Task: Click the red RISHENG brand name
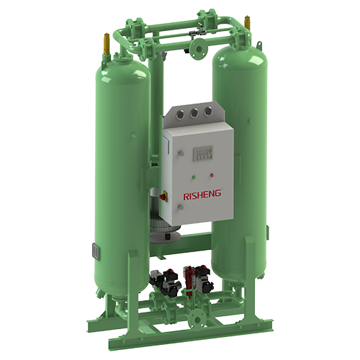coord(202,195)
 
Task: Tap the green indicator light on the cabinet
coord(194,178)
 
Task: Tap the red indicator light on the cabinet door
coord(212,175)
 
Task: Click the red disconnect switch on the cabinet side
coord(163,197)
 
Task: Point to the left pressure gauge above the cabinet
coord(179,114)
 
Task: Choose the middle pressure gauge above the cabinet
coord(194,113)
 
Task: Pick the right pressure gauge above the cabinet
coord(208,111)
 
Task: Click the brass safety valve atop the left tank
coord(107,44)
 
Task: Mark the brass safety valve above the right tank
coord(247,24)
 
